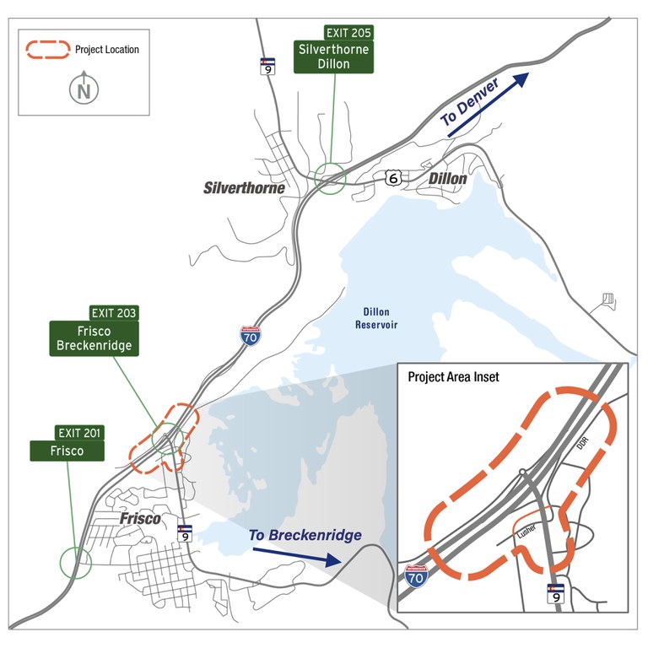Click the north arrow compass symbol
pyautogui.click(x=84, y=89)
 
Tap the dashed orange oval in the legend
pyautogui.click(x=47, y=50)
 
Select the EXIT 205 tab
pyautogui.click(x=348, y=33)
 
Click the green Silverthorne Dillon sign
pyautogui.click(x=334, y=57)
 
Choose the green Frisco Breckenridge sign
pyautogui.click(x=94, y=337)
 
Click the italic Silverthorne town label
pyautogui.click(x=245, y=188)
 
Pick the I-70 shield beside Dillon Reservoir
pyautogui.click(x=250, y=336)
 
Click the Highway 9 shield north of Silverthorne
pyautogui.click(x=267, y=67)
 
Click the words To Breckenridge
pyautogui.click(x=305, y=536)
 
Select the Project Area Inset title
pyautogui.click(x=453, y=377)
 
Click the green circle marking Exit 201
pyautogui.click(x=78, y=561)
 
